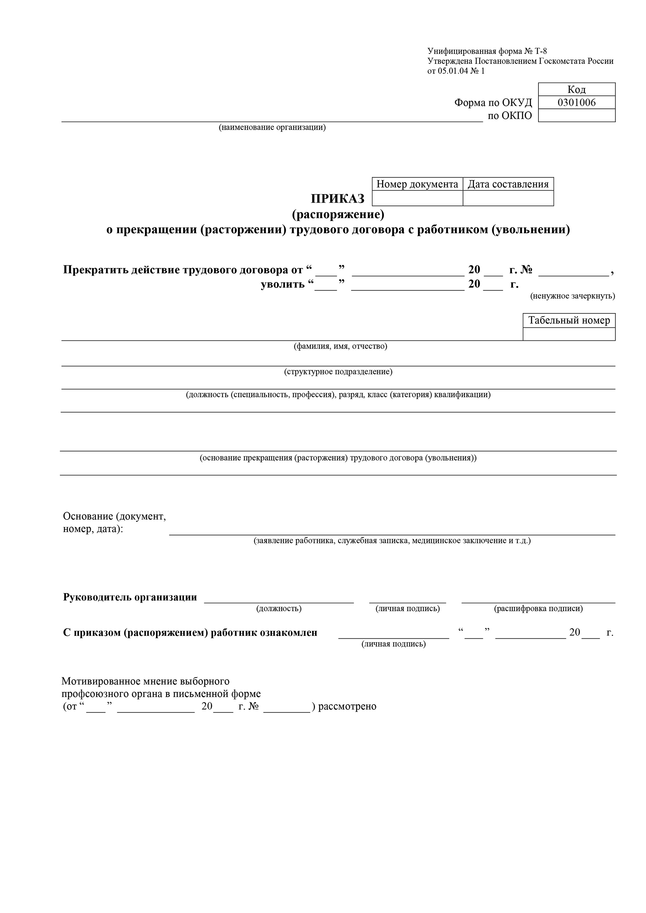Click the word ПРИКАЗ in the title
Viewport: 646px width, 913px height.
tap(338, 199)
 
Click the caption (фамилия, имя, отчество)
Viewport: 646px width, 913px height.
tap(340, 346)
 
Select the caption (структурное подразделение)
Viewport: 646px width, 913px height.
tap(338, 371)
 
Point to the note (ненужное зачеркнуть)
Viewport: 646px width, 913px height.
tap(572, 296)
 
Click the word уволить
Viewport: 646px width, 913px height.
tap(283, 284)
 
